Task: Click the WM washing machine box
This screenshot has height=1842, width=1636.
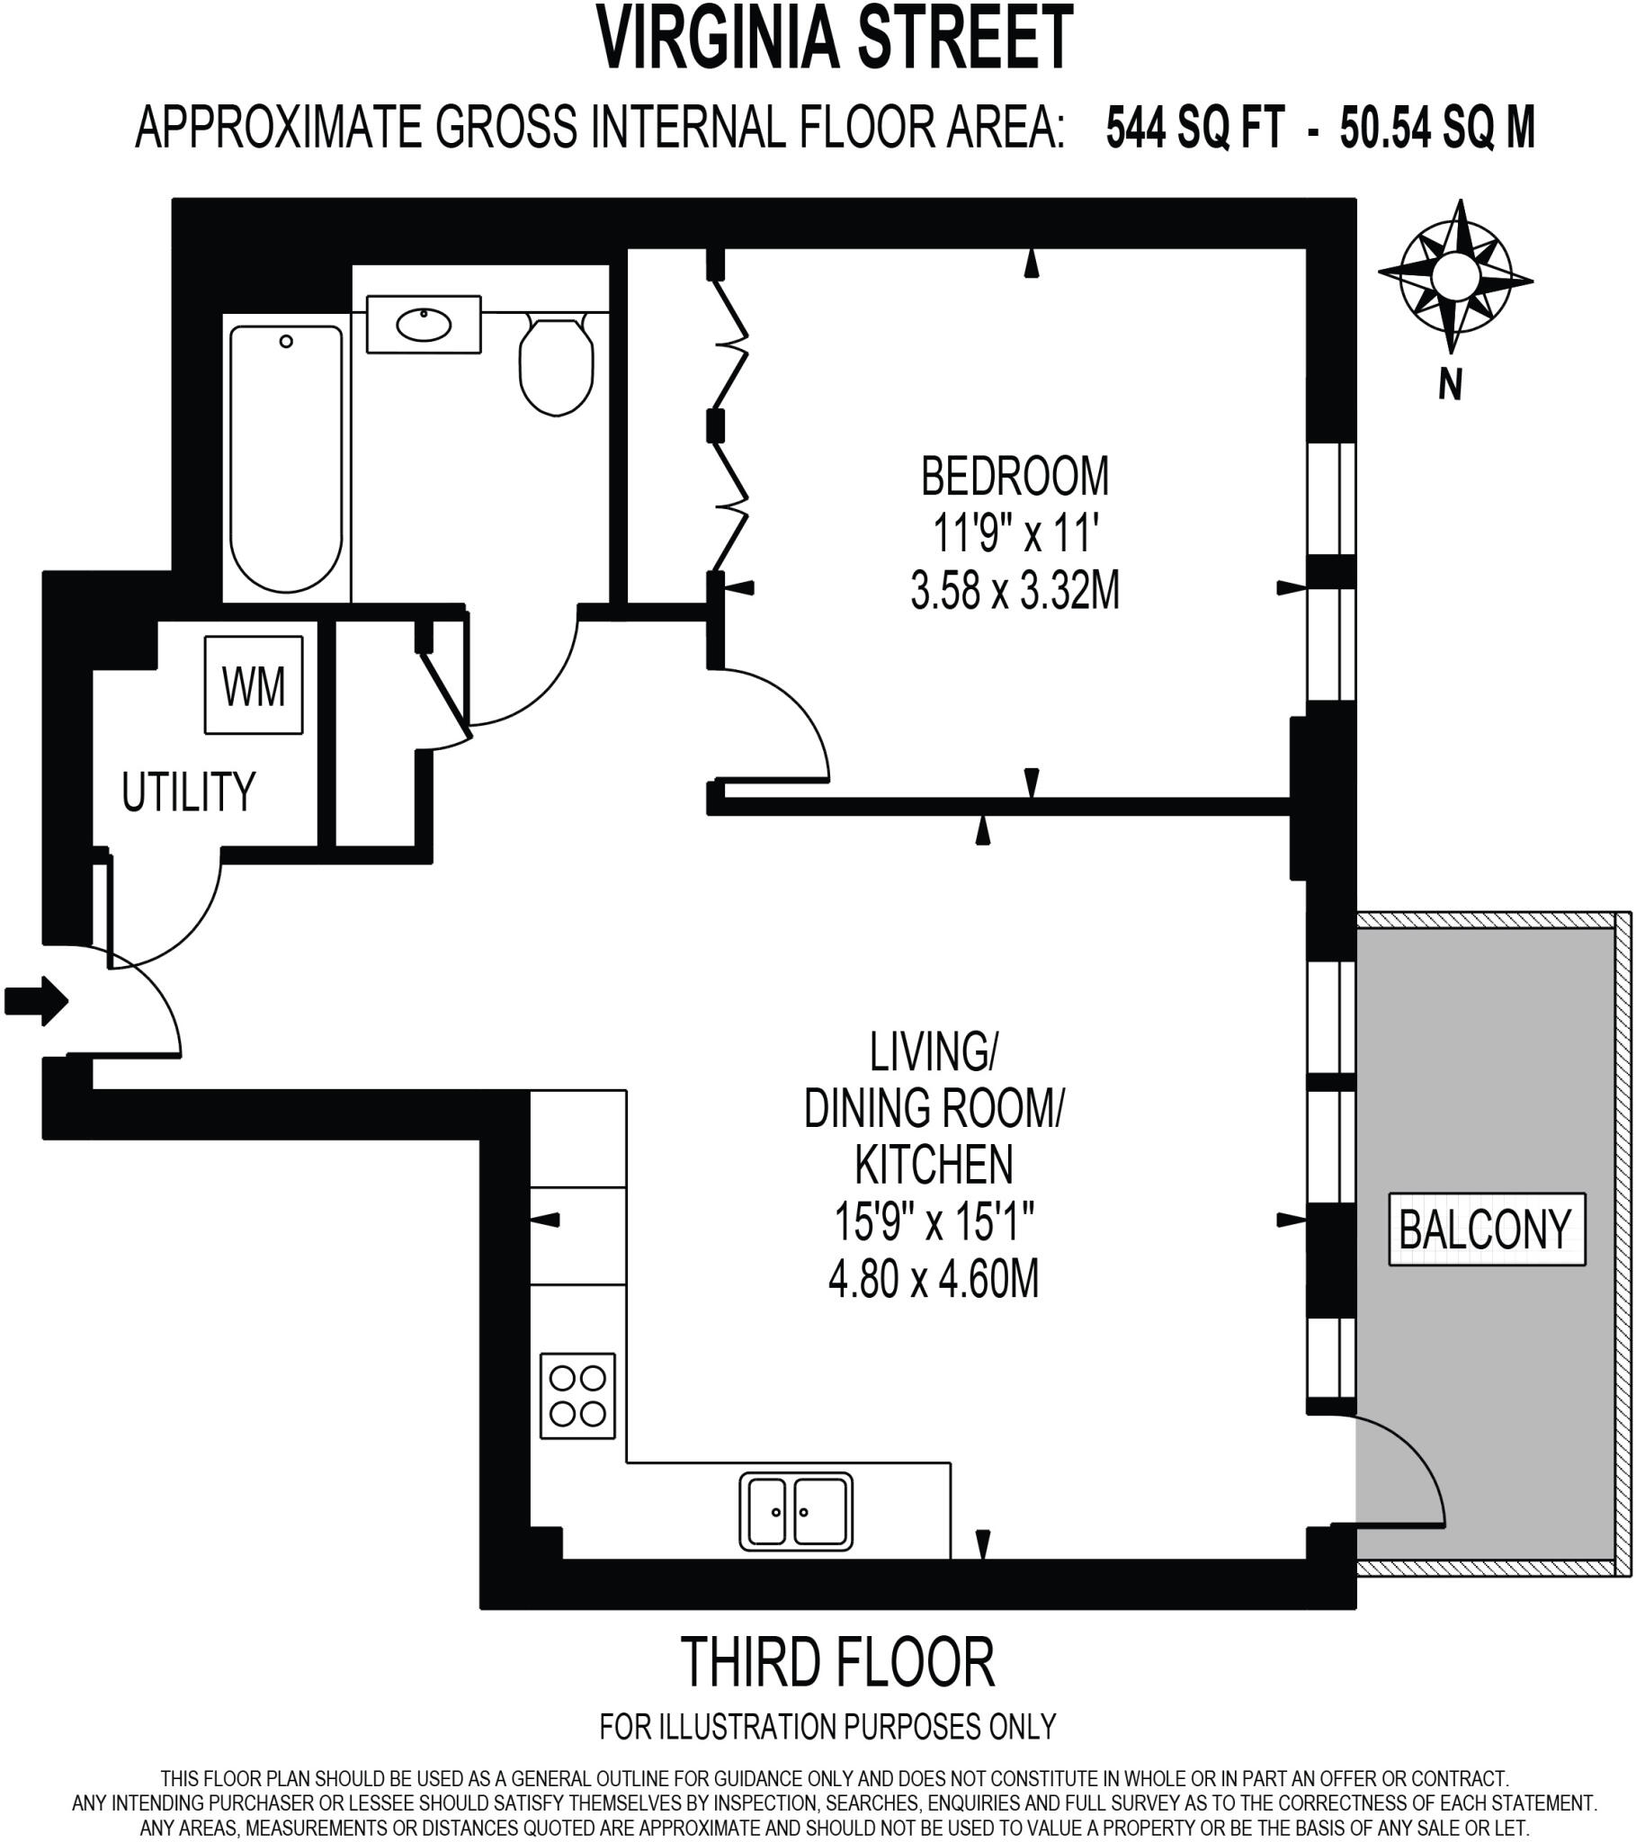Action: pos(254,684)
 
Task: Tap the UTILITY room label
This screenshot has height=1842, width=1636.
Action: pos(188,792)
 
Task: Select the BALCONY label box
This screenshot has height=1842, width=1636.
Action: pos(1486,1229)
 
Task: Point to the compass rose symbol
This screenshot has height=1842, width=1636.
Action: pos(1454,276)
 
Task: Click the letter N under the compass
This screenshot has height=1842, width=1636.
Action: pos(1450,386)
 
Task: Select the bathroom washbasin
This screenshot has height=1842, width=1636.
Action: pos(423,325)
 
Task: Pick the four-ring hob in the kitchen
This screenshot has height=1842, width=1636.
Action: pos(577,1396)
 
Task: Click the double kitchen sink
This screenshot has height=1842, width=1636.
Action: pos(796,1511)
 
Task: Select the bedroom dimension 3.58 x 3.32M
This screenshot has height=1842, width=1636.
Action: pos(1014,592)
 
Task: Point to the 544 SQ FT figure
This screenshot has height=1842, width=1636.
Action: pos(1193,128)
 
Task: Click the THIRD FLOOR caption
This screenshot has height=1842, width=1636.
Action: pos(837,1662)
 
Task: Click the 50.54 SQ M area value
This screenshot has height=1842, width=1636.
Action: pos(1437,128)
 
